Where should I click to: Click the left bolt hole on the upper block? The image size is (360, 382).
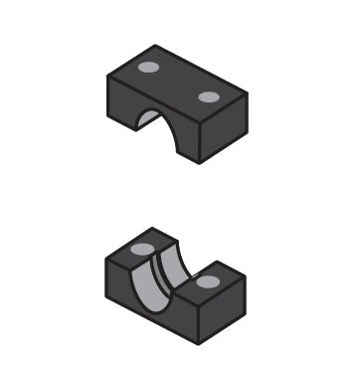[148, 68]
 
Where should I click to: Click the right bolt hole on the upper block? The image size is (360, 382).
[208, 96]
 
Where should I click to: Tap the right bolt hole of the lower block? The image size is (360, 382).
[207, 282]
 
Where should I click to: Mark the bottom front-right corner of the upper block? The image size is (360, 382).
[200, 164]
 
